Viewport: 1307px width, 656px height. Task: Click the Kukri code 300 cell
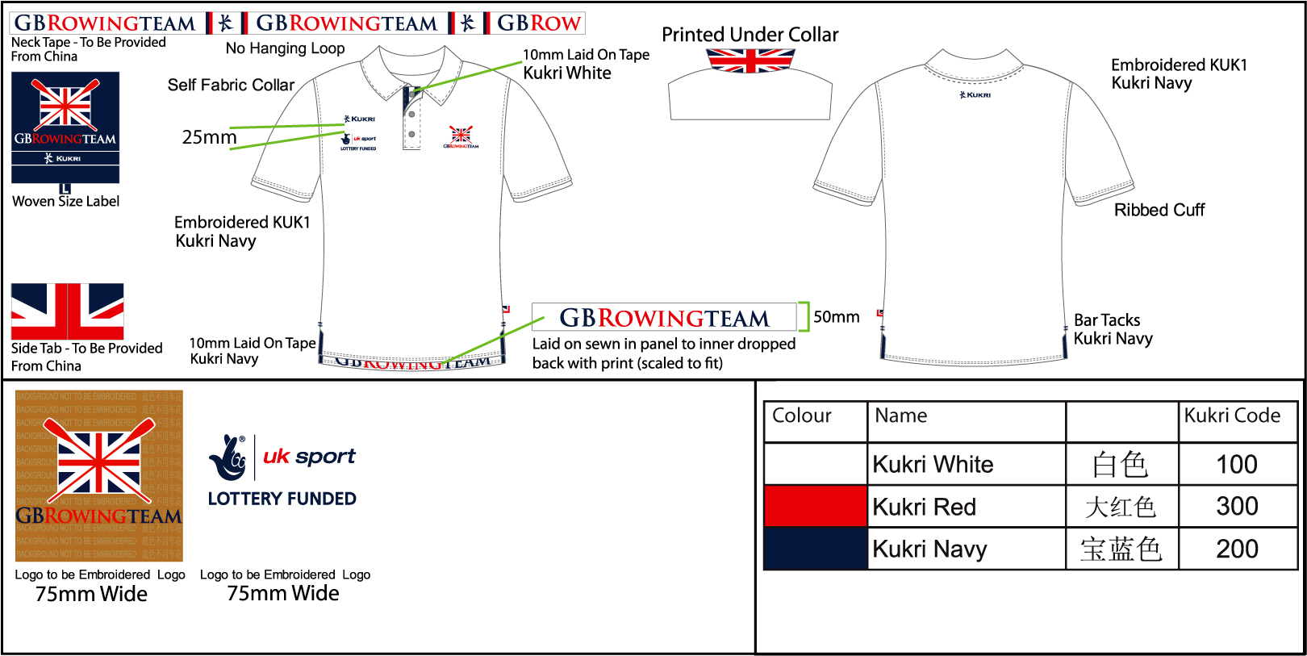1237,507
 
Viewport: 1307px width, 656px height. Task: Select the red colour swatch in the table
815,507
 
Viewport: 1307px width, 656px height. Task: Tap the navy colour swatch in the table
815,549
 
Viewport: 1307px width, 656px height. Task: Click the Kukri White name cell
966,465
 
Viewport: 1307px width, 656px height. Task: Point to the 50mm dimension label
837,317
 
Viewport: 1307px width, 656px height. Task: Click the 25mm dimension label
209,138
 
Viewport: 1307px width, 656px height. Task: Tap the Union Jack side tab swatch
68,311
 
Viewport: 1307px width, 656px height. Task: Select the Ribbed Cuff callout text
1159,211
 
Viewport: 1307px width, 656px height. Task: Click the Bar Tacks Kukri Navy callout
1113,329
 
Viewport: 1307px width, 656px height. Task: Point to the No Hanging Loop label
285,48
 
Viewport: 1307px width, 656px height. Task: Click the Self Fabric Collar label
231,86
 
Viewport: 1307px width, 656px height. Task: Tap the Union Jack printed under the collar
750,61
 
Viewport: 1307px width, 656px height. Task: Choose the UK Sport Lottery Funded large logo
282,471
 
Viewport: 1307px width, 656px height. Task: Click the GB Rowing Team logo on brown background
99,476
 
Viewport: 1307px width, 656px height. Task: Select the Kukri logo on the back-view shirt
975,95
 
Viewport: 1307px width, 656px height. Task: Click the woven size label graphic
65,128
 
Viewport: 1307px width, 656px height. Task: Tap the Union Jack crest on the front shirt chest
461,136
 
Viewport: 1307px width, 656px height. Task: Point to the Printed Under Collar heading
750,35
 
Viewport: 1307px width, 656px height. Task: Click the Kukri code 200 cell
1237,549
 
